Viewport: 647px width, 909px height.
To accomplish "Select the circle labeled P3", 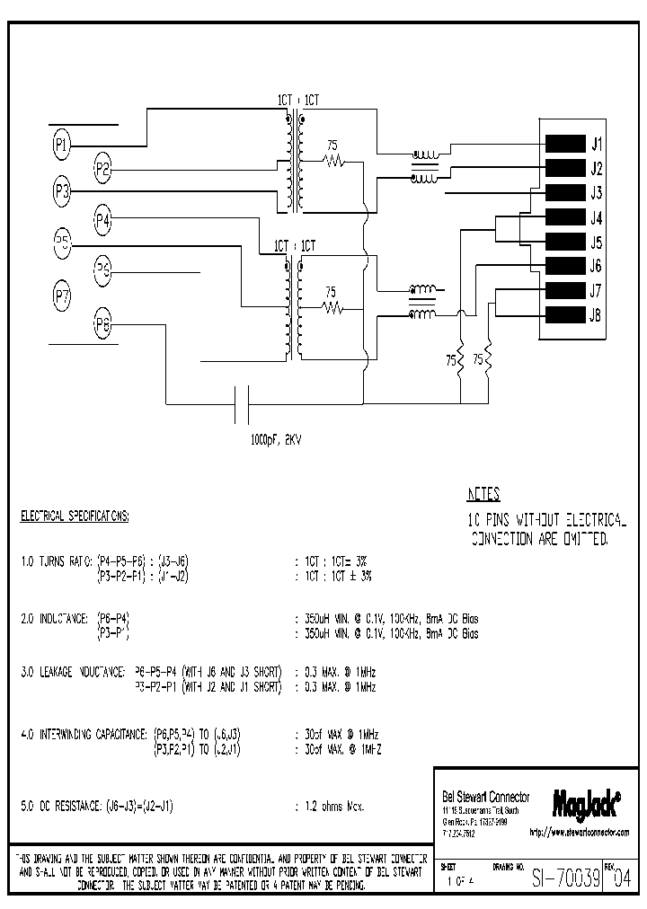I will pyautogui.click(x=61, y=190).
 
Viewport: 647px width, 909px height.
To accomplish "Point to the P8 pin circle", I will pyautogui.click(x=103, y=325).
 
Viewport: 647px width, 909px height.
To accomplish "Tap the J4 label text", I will pyautogui.click(x=596, y=218).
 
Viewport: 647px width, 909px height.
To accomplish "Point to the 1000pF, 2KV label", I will pyautogui.click(x=276, y=442).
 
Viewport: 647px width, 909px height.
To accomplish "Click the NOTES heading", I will pyautogui.click(x=483, y=494).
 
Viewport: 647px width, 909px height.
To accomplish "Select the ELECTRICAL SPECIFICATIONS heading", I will pyautogui.click(x=75, y=517).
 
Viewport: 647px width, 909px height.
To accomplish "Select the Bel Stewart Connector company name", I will pyautogui.click(x=486, y=798).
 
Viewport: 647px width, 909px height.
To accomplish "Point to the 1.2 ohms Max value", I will pyautogui.click(x=333, y=807).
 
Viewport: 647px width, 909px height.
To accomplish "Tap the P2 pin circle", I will pyautogui.click(x=103, y=167).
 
